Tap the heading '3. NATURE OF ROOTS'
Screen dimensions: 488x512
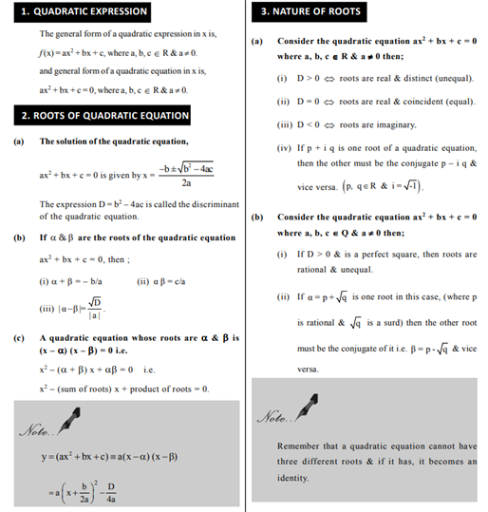click(x=310, y=11)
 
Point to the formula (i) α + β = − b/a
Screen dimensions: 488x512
click(x=70, y=282)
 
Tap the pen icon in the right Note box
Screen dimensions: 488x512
click(x=304, y=412)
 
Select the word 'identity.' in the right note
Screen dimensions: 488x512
click(x=295, y=479)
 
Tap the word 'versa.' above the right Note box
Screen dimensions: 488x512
click(x=309, y=368)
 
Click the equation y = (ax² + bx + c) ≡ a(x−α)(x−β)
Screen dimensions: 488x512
click(x=109, y=458)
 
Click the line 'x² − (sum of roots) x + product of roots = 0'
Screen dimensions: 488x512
click(x=124, y=389)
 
